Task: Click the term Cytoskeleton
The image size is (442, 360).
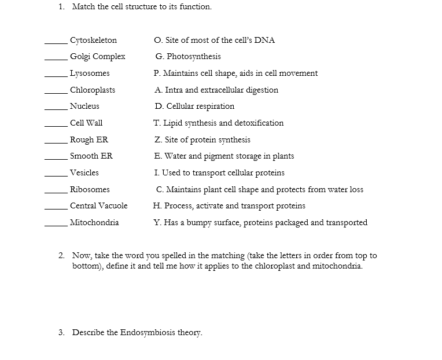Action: pyautogui.click(x=93, y=40)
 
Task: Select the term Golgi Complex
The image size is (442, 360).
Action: pyautogui.click(x=97, y=57)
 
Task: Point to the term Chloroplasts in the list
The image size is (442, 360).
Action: pyautogui.click(x=93, y=90)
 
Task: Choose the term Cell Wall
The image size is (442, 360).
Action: pyautogui.click(x=86, y=123)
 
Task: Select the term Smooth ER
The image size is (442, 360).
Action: pyautogui.click(x=91, y=156)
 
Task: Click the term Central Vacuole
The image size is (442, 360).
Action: pyautogui.click(x=98, y=205)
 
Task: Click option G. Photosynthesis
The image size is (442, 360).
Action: pyautogui.click(x=188, y=57)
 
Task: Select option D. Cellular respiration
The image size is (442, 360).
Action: pyautogui.click(x=194, y=106)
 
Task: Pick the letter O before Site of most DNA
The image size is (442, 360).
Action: pyautogui.click(x=158, y=40)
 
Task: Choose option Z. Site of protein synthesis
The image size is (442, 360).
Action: pyautogui.click(x=202, y=139)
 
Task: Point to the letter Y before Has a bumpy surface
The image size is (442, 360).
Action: pyautogui.click(x=157, y=222)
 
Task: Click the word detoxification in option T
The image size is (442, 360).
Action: pyautogui.click(x=258, y=123)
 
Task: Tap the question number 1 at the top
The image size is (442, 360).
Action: pyautogui.click(x=61, y=7)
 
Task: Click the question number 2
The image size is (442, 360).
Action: pyautogui.click(x=61, y=255)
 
